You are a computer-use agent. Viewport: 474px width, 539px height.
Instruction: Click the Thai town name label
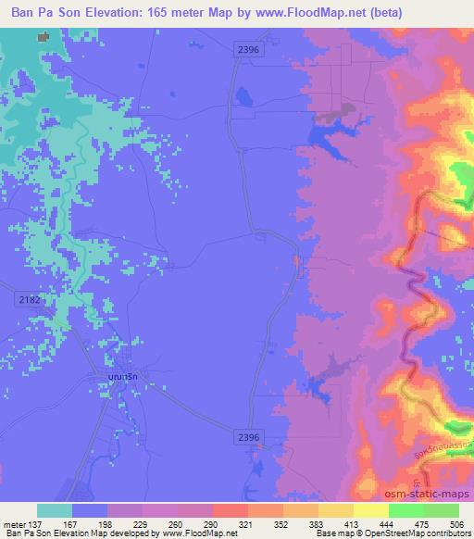pyautogui.click(x=119, y=378)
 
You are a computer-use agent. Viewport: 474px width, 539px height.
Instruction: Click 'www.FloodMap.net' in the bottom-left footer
pyautogui.click(x=200, y=533)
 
